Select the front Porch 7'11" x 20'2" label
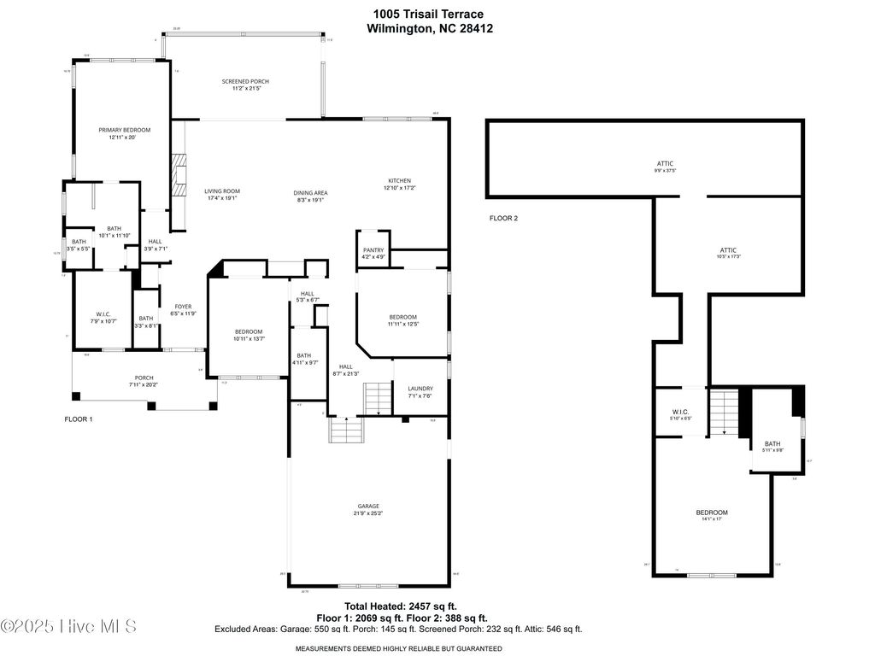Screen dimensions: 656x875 [143, 381]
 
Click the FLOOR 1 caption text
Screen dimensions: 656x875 [79, 419]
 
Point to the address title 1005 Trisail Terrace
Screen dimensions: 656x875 [428, 14]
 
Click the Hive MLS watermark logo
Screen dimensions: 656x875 [68, 627]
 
